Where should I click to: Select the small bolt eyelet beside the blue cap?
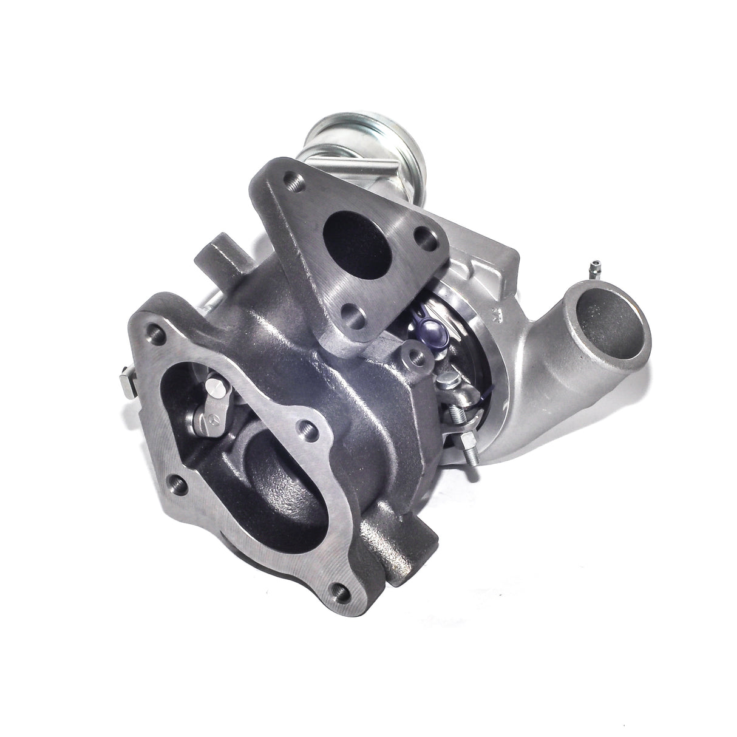click(x=414, y=356)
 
